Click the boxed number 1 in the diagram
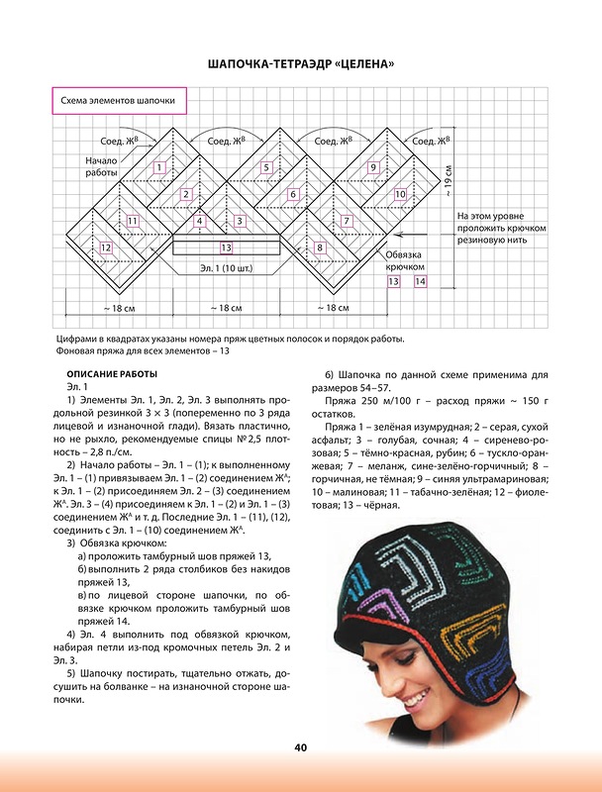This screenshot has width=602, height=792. [x=159, y=167]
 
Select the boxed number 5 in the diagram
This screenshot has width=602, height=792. [x=266, y=167]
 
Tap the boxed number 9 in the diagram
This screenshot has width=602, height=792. [x=373, y=167]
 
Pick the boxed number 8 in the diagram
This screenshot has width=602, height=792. [x=320, y=247]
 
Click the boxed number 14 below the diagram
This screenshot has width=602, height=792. [x=420, y=282]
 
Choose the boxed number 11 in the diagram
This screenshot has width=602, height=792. [x=132, y=220]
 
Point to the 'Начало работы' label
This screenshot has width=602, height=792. [x=101, y=166]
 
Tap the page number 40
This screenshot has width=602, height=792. [x=300, y=747]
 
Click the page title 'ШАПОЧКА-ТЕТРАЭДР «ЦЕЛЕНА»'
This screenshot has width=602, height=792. [x=301, y=65]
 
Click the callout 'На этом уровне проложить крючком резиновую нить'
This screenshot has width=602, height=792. [x=495, y=227]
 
